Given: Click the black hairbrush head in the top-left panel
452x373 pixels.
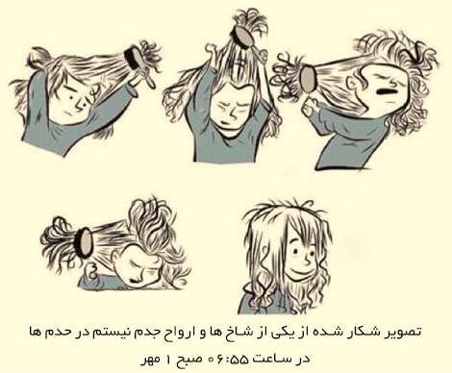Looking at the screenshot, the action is pos(133,59).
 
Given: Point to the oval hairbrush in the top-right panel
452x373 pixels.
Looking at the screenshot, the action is pos(309,79).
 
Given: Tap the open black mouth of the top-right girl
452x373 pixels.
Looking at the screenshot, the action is pos(386,91).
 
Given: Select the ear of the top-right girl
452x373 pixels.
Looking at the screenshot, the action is pos(353,85).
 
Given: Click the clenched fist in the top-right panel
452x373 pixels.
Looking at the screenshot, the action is pos(311,106).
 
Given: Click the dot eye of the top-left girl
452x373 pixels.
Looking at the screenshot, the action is pos(70,96).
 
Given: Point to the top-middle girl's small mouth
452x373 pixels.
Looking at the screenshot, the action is pos(226,124).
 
